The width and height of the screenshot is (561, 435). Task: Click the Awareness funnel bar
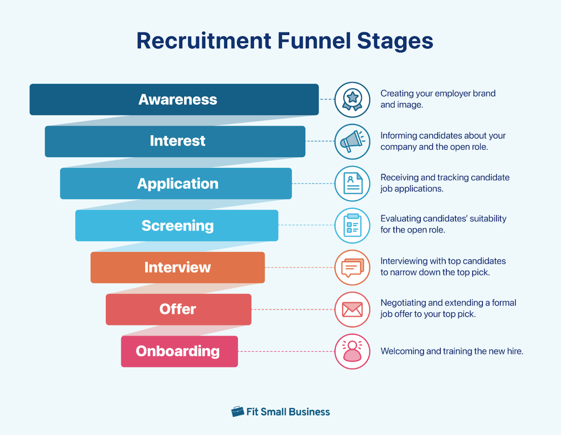[174, 99]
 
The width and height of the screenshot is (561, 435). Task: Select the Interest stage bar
[175, 141]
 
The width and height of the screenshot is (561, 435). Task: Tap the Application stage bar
[176, 183]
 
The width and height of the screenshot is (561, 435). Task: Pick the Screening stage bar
[177, 225]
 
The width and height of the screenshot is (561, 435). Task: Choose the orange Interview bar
[178, 267]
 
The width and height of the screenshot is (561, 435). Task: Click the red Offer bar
[178, 309]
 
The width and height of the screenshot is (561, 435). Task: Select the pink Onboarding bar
[179, 351]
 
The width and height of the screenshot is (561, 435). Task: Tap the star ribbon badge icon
[352, 99]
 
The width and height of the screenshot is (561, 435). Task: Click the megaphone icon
[352, 141]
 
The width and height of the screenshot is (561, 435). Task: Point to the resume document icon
[352, 183]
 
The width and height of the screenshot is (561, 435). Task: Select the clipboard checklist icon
[352, 225]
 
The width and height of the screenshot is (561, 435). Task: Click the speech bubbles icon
[352, 267]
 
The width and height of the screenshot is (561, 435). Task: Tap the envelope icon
[352, 310]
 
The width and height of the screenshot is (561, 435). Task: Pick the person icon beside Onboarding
[352, 351]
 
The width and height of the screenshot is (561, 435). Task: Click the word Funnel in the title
[314, 41]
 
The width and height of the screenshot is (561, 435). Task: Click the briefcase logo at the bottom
[237, 412]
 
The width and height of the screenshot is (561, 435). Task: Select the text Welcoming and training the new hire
[452, 351]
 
